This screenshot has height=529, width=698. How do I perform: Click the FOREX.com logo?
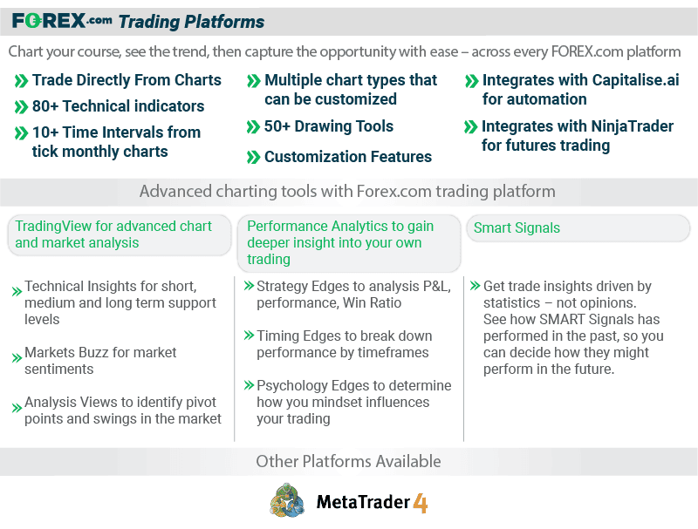coord(62,21)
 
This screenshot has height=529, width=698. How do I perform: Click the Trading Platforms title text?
coord(191,22)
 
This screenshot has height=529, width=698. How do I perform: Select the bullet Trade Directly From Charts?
coord(127,80)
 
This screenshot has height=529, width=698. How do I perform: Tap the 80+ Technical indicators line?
coord(118,106)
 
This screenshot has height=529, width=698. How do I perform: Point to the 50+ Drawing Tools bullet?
coord(329,126)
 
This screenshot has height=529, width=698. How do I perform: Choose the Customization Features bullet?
coord(348,157)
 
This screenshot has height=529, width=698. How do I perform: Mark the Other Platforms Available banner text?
coord(348,461)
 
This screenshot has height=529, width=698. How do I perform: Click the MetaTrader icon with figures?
coord(288,501)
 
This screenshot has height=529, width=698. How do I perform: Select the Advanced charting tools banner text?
coord(347,191)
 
